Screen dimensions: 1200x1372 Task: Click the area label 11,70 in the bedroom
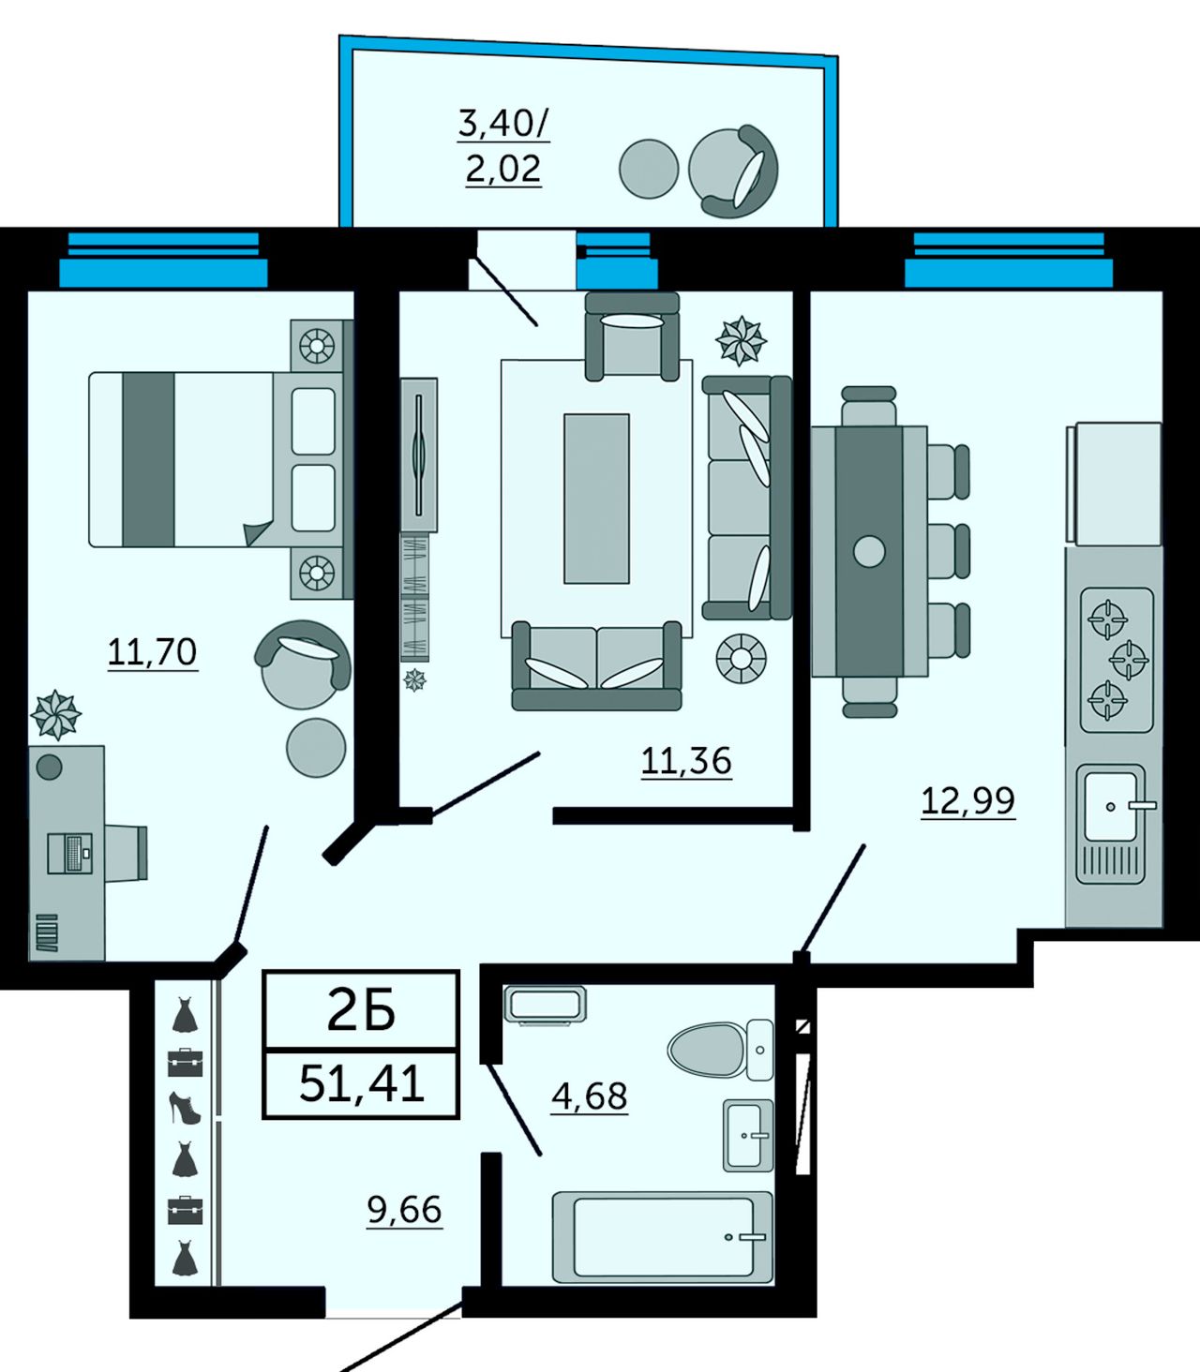152,652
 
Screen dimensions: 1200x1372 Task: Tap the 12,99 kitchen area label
967,800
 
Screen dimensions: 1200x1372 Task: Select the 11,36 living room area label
686,761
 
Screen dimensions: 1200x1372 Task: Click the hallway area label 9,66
404,1210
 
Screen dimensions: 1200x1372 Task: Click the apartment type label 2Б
362,1012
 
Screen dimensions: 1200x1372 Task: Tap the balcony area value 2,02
503,169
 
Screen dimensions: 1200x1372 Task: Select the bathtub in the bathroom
663,1237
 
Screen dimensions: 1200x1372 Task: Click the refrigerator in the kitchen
1114,484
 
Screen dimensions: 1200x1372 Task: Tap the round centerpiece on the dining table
869,551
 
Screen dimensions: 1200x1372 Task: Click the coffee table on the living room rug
596,499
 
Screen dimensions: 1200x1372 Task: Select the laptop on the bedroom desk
69,853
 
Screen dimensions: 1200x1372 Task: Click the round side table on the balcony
649,169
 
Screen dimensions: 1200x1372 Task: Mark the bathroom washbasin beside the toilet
748,1135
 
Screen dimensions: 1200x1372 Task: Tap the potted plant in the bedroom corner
56,714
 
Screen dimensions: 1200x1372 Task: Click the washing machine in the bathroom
545,1006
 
